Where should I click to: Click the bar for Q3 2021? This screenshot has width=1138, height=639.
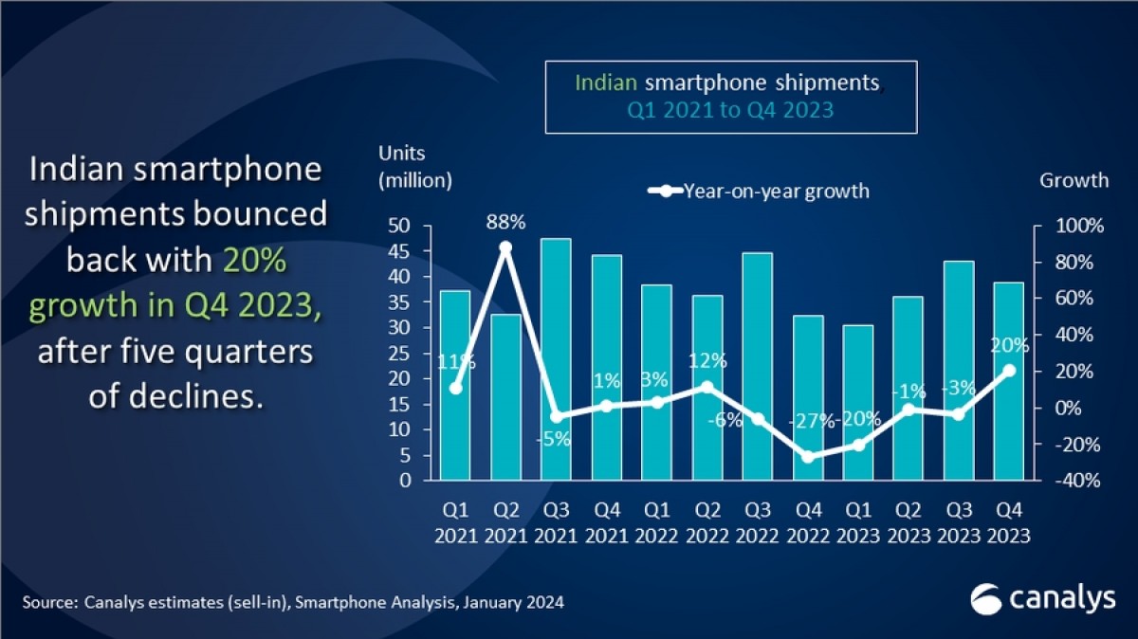[556, 359]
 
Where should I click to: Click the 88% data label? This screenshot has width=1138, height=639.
[505, 223]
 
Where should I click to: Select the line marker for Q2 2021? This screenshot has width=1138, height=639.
[505, 247]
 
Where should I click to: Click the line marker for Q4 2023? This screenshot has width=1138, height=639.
[1009, 371]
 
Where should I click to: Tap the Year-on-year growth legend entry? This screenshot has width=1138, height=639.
[759, 192]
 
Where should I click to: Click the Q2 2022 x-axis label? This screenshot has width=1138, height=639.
[707, 522]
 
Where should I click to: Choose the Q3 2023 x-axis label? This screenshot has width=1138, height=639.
[959, 522]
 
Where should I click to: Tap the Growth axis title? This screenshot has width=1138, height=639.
[1074, 180]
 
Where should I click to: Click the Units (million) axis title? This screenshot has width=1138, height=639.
[415, 166]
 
